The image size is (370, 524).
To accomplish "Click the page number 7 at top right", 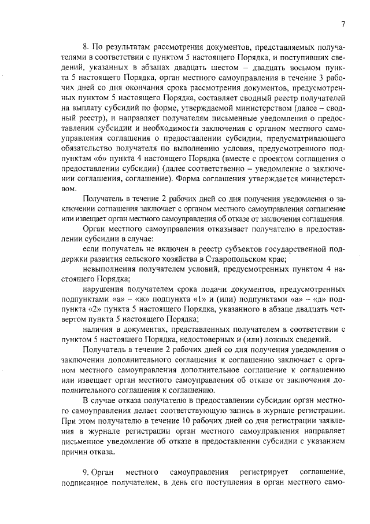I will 343,24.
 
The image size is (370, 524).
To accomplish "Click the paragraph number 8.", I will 86,46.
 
